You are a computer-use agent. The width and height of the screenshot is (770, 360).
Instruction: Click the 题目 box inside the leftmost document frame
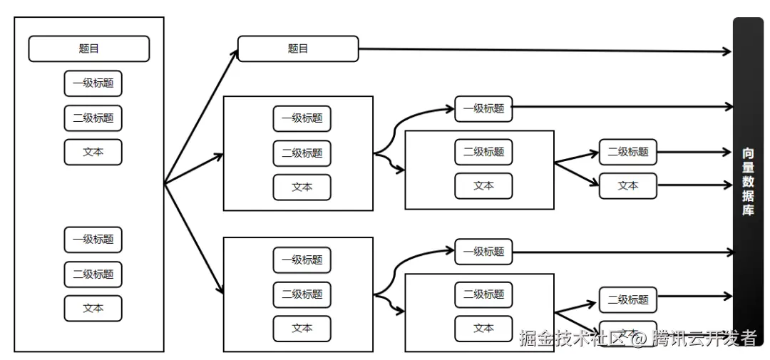tap(88, 49)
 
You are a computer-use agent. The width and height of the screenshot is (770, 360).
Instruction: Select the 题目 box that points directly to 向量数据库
tap(297, 49)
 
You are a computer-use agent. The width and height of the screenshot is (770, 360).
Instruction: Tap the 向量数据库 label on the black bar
tap(748, 181)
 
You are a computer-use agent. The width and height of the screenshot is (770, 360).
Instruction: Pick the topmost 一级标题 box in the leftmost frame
tap(93, 83)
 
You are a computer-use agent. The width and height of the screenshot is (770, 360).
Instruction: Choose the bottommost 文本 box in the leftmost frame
tap(93, 308)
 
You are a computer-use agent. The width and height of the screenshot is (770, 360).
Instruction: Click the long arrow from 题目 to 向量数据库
tap(542, 50)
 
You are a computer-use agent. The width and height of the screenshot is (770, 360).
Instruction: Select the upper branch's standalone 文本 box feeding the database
tap(627, 185)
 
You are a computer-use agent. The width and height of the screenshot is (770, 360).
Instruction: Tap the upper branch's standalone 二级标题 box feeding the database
tap(627, 152)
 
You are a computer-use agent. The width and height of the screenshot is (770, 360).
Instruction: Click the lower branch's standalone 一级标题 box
tap(483, 252)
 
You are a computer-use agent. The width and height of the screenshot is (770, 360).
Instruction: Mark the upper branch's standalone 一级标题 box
tap(483, 109)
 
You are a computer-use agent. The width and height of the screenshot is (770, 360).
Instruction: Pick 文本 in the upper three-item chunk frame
tap(302, 187)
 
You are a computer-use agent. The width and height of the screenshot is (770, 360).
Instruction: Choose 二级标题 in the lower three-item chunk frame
tap(302, 294)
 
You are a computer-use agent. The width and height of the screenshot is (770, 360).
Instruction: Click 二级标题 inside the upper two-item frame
tap(483, 152)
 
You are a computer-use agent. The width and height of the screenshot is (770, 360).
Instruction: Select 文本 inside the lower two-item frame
tap(483, 328)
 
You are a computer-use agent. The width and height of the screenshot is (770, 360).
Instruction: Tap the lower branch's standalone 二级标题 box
tap(627, 300)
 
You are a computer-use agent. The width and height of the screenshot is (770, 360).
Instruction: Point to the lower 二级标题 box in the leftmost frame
tap(93, 274)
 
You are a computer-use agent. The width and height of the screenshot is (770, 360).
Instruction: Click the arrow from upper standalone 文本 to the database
tap(695, 186)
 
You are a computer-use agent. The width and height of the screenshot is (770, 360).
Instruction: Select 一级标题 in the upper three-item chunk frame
tap(302, 118)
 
